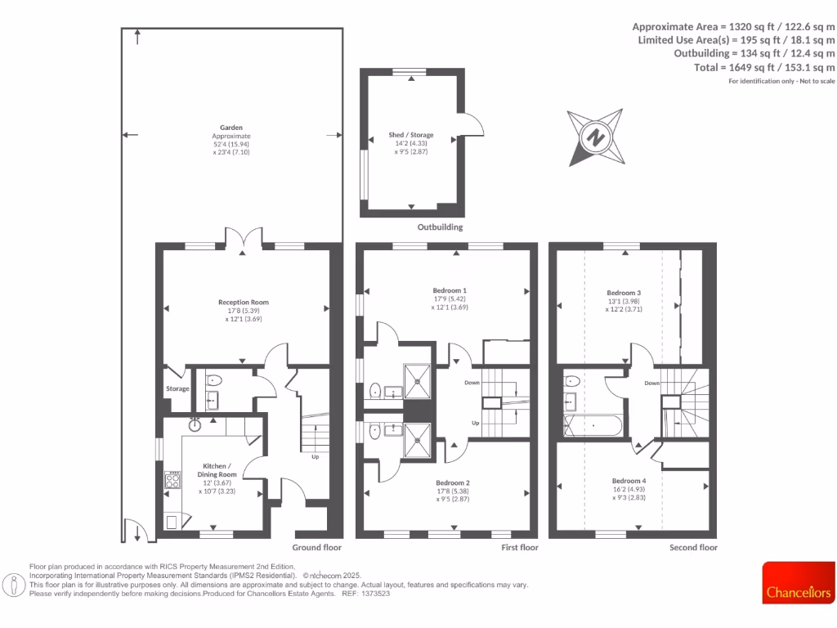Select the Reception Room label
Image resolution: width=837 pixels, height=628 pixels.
tap(243, 303)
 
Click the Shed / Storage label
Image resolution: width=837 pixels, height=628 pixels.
tap(411, 135)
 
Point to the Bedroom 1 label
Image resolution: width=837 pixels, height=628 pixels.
tap(450, 291)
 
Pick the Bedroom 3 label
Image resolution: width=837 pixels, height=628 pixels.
tap(624, 293)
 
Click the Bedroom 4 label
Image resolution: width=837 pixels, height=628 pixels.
tap(628, 481)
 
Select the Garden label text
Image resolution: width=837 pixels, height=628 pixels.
tap(231, 128)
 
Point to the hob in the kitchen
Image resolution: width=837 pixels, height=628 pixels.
tap(172, 480)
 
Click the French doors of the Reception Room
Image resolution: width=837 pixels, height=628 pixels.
tap(243, 238)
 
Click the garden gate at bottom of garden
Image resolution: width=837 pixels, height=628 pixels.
tap(136, 532)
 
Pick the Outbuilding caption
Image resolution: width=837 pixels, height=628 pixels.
tap(440, 227)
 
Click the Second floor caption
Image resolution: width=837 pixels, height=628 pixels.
tap(693, 547)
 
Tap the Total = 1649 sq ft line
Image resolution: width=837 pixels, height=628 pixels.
tap(764, 67)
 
